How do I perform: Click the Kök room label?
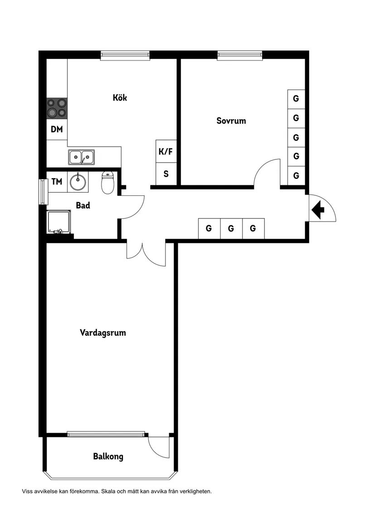point(120,97)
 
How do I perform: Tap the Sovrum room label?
point(231,121)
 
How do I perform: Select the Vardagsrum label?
point(103,332)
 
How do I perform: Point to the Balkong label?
point(108,456)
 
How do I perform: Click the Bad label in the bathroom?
point(83,205)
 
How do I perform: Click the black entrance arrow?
point(319,209)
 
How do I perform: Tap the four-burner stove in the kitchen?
point(57,108)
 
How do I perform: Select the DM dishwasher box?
point(57,129)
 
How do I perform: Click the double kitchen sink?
point(81,157)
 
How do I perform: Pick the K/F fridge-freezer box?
point(166,151)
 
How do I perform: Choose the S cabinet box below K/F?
point(166,174)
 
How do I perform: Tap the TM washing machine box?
point(57,182)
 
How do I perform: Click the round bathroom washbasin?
point(78,182)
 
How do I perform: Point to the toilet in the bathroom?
point(107,183)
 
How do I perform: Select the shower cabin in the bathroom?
point(59,223)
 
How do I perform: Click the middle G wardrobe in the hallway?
point(231,228)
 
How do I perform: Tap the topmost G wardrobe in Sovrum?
point(296,99)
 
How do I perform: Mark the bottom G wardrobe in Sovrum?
point(296,175)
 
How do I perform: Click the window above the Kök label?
point(125,55)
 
